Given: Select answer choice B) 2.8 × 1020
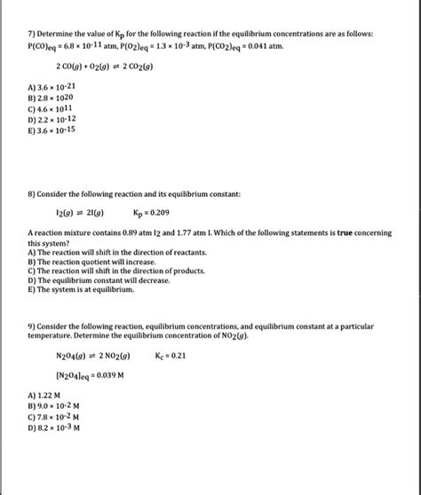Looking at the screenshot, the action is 53,98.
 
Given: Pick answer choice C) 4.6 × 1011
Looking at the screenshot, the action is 53,108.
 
